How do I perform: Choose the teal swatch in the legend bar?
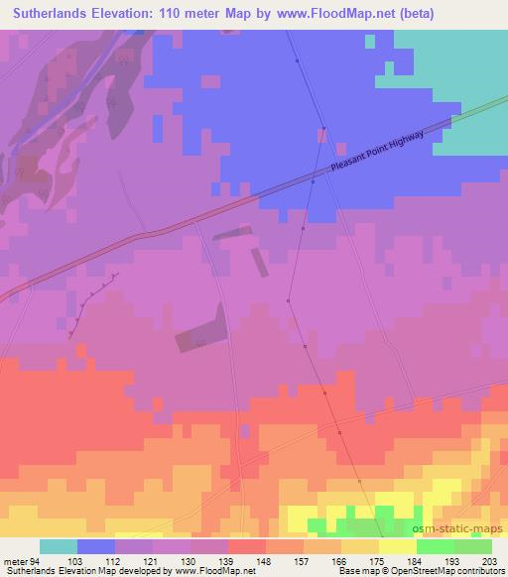(59, 546)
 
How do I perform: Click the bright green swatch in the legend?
(436, 546)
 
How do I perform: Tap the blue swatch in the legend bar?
(96, 546)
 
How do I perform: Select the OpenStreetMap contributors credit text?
(443, 571)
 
